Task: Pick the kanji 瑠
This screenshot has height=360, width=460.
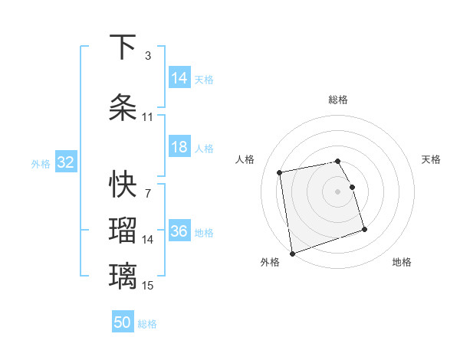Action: coord(123,231)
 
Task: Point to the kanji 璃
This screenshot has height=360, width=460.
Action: coord(123,277)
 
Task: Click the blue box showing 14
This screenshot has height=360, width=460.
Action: coord(179,78)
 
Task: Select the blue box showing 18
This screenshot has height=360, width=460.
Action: coord(179,148)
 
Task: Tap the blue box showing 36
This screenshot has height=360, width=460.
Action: coord(179,232)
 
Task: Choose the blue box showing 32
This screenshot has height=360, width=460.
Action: coord(65,162)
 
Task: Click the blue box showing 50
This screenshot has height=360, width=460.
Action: coord(123,322)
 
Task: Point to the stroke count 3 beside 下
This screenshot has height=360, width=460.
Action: coord(147,56)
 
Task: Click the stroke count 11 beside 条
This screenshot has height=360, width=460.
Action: coord(147,117)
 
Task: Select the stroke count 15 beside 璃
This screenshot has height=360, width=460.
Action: coord(147,286)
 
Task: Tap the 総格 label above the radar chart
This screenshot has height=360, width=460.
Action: coord(338,100)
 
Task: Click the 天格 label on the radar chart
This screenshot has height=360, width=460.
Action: coord(432,159)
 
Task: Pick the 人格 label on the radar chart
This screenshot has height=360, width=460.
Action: coord(245,159)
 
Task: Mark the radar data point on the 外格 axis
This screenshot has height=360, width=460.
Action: coord(291,253)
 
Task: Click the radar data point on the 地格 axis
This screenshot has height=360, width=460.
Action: coord(364,229)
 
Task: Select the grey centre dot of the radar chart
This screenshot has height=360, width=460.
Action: coord(338,191)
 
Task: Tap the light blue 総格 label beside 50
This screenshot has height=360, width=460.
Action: coord(147,324)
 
